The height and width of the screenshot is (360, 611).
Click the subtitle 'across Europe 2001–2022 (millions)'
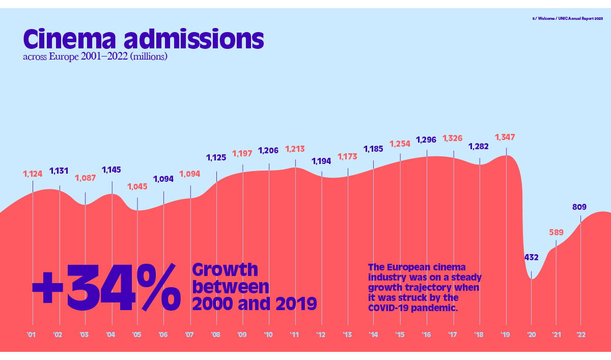click(95, 57)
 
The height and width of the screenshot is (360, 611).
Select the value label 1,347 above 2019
click(505, 137)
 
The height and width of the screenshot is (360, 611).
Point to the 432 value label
click(531, 258)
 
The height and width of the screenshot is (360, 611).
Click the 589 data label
click(556, 232)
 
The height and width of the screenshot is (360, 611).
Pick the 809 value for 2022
click(579, 207)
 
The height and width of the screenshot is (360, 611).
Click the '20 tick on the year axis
click(531, 335)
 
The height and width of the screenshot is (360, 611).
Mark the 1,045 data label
click(137, 186)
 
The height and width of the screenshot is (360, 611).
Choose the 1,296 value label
click(426, 140)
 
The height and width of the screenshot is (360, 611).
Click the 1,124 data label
click(33, 174)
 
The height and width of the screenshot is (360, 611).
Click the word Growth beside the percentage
click(225, 270)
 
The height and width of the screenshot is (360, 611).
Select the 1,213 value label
click(295, 149)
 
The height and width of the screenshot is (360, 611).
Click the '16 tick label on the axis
click(426, 335)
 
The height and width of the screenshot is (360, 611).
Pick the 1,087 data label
click(85, 178)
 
